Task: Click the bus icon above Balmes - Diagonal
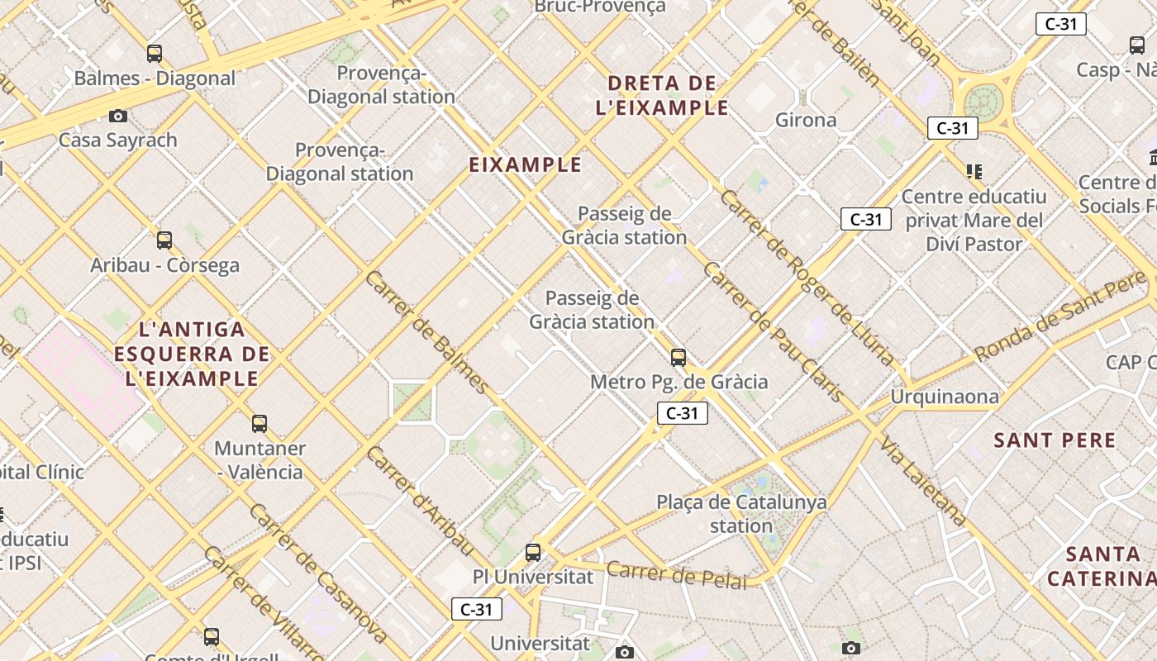pos(155,54)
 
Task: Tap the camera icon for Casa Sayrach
pos(118,116)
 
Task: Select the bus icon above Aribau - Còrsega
pos(164,240)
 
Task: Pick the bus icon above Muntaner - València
pos(259,424)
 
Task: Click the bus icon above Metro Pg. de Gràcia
pos(678,358)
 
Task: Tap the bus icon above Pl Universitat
pos(533,552)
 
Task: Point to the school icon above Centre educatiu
pos(974,172)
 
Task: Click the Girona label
pos(806,121)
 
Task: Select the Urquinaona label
pos(944,397)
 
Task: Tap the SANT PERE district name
pos(1055,440)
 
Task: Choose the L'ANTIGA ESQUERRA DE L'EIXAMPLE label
pos(192,354)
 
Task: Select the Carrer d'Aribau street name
pos(421,501)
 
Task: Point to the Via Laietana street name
pos(923,481)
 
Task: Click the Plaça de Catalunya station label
pos(741,514)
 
